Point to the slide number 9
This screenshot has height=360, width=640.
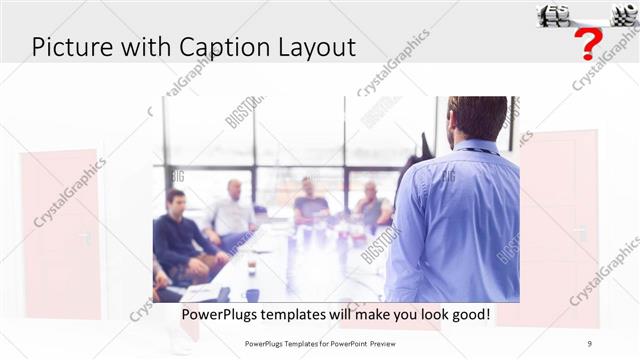tap(589, 343)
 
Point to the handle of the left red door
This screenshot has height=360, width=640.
tap(87, 237)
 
